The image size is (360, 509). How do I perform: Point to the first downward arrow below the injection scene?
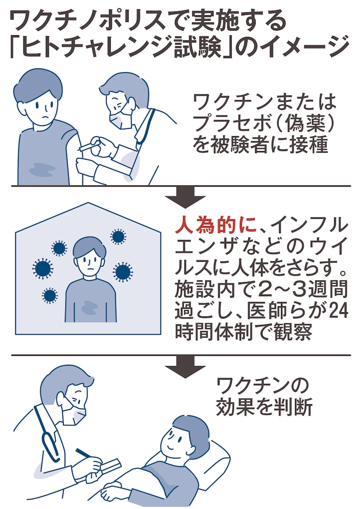(x=185, y=197)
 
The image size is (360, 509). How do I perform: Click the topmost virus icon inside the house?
(x=118, y=237)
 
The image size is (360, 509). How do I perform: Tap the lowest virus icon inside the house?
(x=50, y=295)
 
